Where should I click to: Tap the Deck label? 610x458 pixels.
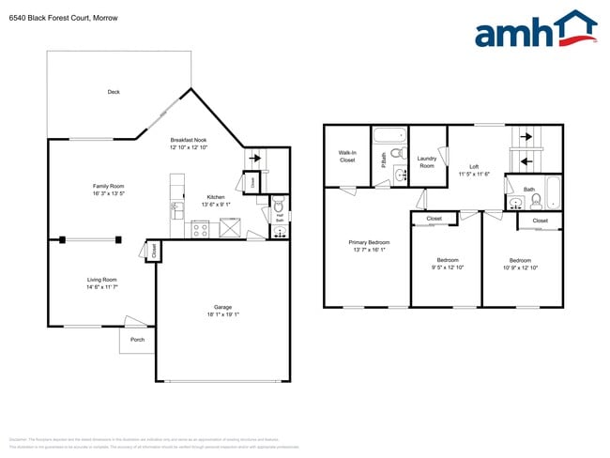click(114, 92)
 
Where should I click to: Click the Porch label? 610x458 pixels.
click(137, 338)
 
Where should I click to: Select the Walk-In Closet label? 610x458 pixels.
click(347, 157)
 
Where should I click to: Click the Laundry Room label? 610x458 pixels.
click(427, 162)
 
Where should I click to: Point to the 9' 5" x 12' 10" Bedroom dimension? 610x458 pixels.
click(447, 267)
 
